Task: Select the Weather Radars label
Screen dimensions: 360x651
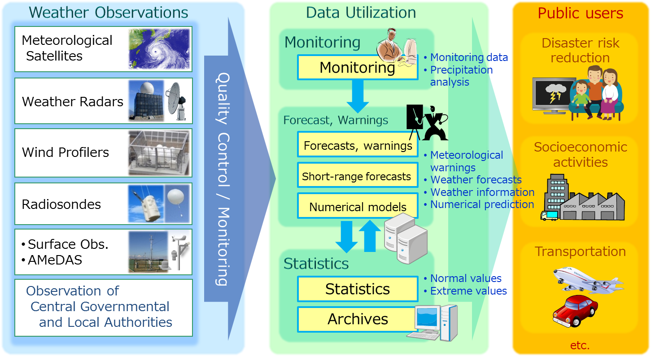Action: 73,102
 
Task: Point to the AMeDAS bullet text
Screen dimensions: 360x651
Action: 55,260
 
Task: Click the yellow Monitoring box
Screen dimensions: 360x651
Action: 357,68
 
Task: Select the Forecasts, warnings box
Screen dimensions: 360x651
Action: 358,145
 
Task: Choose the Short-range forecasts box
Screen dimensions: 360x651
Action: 357,177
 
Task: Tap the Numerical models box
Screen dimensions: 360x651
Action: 358,207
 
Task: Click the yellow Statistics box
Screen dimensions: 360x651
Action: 358,289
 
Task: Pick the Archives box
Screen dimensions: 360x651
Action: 358,319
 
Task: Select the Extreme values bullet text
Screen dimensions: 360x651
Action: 468,291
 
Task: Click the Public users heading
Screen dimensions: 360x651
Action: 580,13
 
